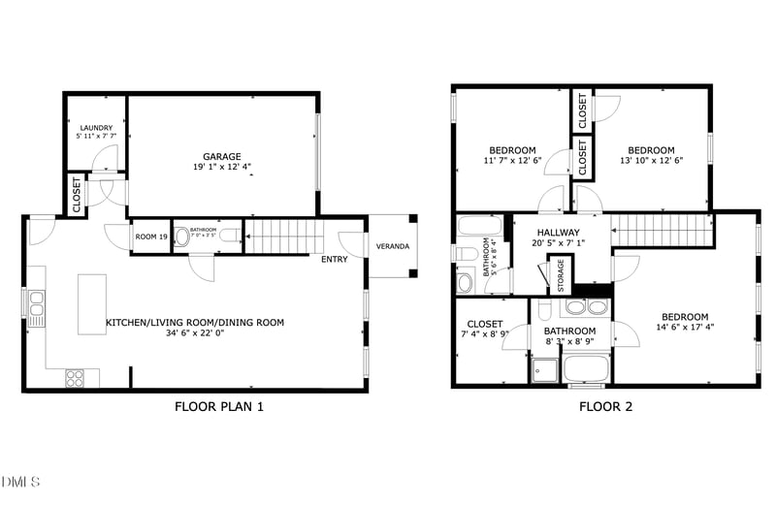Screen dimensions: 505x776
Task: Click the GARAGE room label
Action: [222, 156]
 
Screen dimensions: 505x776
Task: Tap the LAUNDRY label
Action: [96, 128]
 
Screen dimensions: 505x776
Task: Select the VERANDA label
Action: [393, 246]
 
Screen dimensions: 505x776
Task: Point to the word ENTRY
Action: [334, 259]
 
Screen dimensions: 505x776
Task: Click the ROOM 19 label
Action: [151, 237]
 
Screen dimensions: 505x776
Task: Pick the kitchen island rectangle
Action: [92, 303]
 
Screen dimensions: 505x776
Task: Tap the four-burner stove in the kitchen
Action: [75, 378]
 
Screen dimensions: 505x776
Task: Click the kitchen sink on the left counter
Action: [37, 308]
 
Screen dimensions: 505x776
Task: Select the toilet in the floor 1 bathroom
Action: [228, 236]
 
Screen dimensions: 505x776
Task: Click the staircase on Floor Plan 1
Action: [281, 236]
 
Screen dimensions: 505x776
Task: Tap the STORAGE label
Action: [561, 275]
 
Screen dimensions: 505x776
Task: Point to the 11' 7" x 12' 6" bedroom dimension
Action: [512, 161]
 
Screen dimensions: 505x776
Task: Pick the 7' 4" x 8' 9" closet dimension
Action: [484, 334]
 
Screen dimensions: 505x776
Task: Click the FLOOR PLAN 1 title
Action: [218, 407]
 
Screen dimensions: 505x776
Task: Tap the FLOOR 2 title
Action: [605, 407]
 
